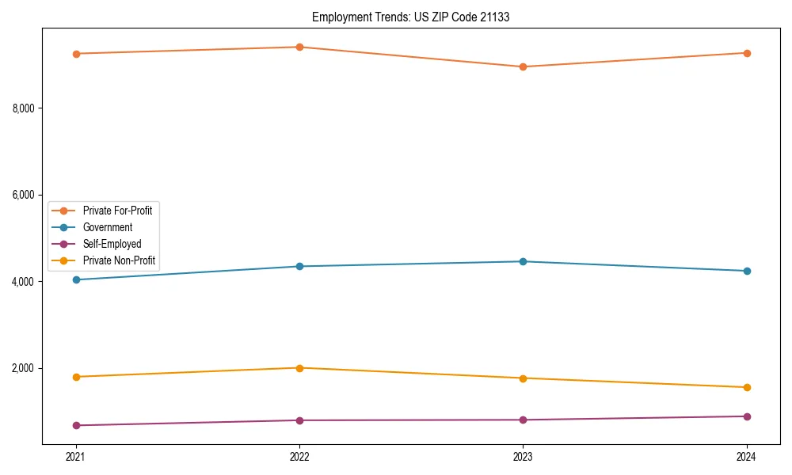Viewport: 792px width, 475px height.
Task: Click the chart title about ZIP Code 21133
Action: click(410, 17)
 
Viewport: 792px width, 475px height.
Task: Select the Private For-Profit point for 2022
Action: click(299, 47)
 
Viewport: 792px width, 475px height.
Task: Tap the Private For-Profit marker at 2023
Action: click(523, 66)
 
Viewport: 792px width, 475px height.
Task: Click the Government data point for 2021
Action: click(76, 279)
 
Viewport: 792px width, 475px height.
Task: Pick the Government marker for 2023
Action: click(523, 261)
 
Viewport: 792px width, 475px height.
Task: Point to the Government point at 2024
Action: click(747, 271)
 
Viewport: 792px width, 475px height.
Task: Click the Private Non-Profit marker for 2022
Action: click(299, 368)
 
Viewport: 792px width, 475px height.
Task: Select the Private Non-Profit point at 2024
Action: click(747, 387)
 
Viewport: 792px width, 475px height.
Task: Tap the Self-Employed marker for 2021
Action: click(76, 425)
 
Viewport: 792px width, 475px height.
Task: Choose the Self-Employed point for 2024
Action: click(747, 416)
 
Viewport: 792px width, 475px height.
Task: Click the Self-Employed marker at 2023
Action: click(523, 420)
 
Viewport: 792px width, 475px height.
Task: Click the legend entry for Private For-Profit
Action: click(117, 211)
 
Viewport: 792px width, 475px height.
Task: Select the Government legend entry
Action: click(108, 227)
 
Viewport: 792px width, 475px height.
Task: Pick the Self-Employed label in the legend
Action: click(112, 244)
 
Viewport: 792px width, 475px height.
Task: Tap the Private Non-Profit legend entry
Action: click(119, 260)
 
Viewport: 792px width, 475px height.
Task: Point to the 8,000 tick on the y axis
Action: click(24, 108)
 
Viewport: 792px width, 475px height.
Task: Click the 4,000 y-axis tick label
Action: click(24, 282)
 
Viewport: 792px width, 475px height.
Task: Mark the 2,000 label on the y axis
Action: click(24, 368)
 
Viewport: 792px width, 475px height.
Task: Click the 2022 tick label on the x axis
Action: click(299, 457)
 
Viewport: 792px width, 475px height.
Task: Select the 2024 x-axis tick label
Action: click(747, 457)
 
